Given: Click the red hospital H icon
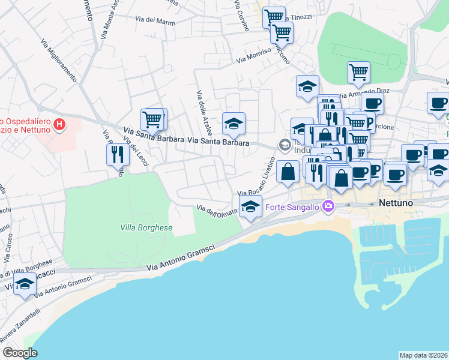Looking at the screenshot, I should (x=59, y=125).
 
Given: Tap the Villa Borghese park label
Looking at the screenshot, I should (x=145, y=228).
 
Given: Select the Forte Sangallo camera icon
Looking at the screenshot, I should (x=328, y=206).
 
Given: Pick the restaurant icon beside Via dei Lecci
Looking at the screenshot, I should (x=117, y=155).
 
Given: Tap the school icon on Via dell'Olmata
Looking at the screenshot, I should (x=250, y=208).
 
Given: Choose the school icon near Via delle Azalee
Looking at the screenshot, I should (x=234, y=124).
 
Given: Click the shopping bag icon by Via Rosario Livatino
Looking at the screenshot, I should (x=288, y=171).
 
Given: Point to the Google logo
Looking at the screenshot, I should (x=20, y=353).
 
